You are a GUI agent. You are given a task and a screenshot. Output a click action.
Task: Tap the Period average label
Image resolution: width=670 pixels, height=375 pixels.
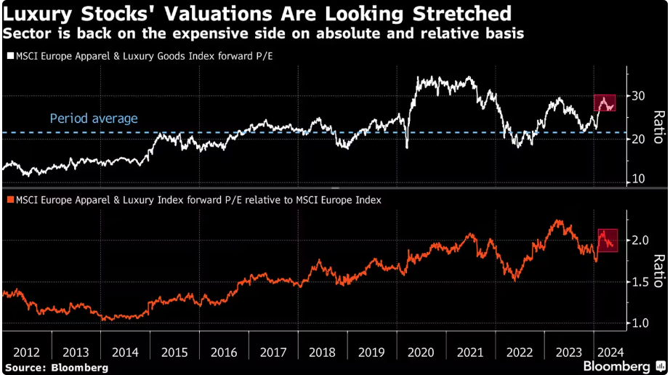coord(93,118)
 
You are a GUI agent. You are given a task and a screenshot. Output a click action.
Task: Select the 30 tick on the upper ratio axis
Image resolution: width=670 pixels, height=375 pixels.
coord(638,96)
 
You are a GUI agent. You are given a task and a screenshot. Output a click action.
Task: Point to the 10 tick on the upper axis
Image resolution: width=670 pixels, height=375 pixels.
coord(638,179)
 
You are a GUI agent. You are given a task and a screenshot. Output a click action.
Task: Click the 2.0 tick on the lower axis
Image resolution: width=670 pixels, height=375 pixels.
coord(639,241)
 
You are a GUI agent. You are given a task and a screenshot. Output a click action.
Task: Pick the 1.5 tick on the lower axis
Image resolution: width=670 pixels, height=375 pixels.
coord(639,282)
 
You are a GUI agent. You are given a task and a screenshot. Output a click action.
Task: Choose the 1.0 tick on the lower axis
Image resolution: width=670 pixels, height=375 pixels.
coord(639,323)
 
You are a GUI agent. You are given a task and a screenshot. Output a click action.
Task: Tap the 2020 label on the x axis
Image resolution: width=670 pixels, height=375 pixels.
coord(422,352)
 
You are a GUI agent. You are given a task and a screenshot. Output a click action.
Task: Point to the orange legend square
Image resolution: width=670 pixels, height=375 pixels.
coord(9,199)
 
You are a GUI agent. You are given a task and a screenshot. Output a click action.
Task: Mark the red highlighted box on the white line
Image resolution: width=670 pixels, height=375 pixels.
coord(605,103)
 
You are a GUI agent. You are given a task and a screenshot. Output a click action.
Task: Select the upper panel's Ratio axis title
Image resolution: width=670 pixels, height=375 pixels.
coord(658,128)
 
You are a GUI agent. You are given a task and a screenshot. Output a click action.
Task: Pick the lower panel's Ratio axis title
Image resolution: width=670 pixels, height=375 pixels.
coord(658,270)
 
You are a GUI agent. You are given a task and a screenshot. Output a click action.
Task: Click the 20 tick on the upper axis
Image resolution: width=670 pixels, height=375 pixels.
coord(638,138)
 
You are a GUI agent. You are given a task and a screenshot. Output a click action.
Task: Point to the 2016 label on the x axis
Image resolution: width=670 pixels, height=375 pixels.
coord(223,352)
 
